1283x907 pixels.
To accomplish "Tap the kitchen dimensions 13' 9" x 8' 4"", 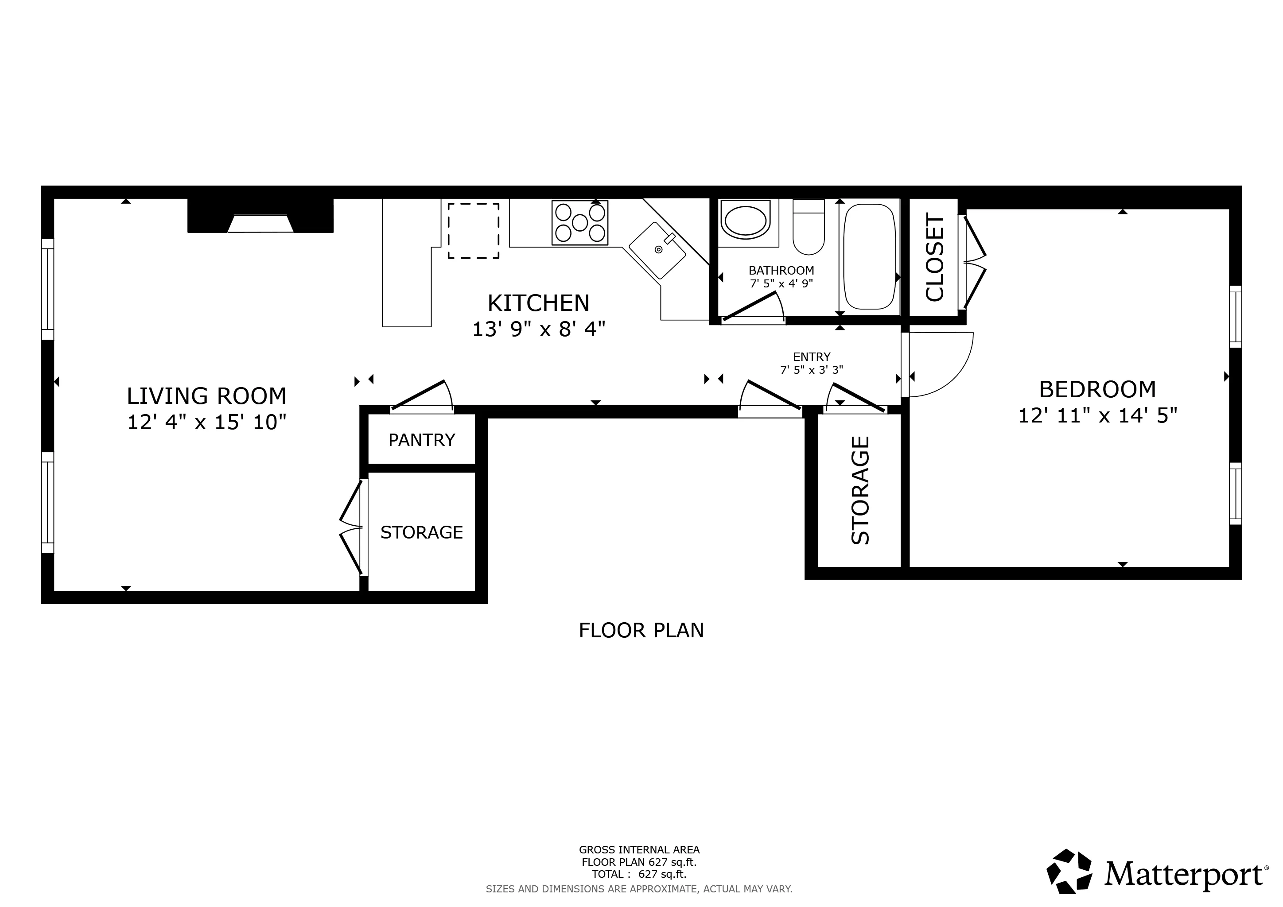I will (539, 329).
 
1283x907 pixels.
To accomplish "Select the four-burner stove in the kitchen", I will (579, 223).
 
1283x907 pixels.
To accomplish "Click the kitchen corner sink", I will (657, 250).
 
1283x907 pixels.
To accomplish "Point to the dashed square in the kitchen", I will (473, 231).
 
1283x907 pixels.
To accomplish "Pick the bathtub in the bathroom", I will (870, 256).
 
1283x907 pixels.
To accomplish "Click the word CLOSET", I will (935, 257).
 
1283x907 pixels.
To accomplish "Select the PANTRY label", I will (421, 440).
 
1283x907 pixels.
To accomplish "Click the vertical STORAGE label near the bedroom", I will (860, 490).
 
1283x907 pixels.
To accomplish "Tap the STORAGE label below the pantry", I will (421, 532).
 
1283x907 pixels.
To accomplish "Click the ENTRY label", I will (811, 357).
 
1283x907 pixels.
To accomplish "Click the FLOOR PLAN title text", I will (641, 630).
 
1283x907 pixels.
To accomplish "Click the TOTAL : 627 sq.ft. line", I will (639, 874).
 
